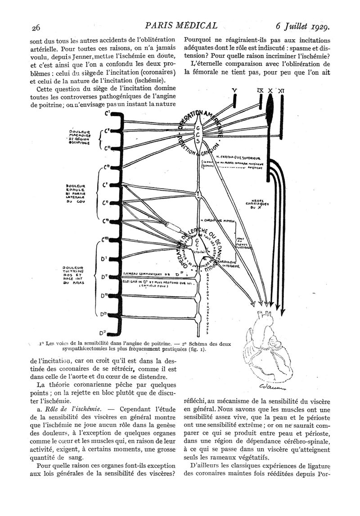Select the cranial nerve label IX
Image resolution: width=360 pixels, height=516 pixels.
pyautogui.click(x=260, y=91)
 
